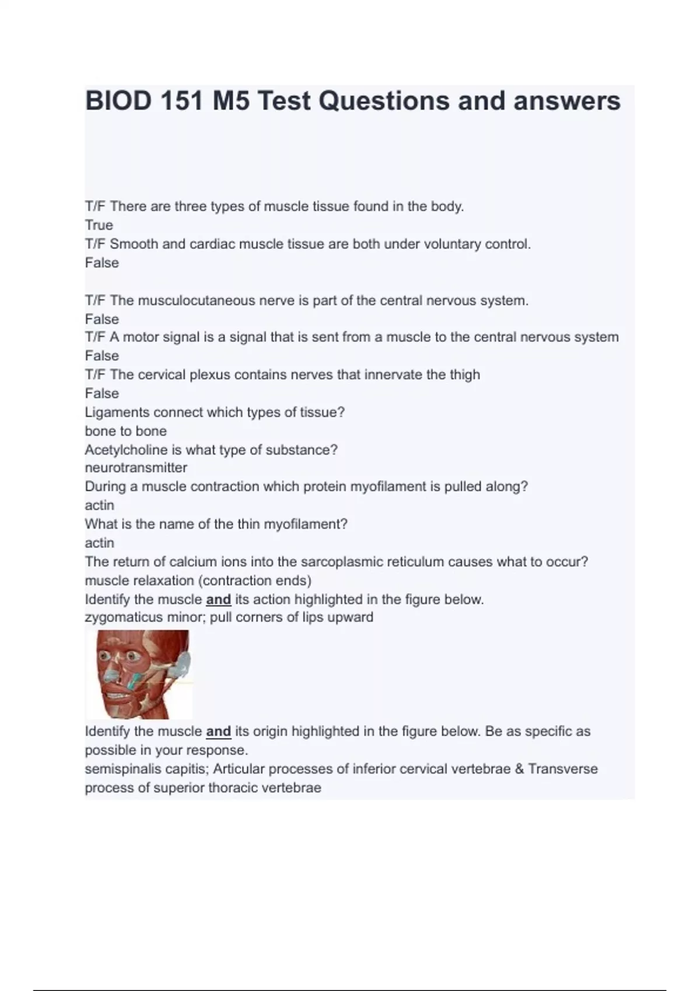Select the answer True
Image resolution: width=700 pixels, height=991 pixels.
coord(99,225)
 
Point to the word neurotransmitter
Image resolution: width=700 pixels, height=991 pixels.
coord(136,468)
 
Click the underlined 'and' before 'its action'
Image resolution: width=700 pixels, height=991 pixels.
coord(218,599)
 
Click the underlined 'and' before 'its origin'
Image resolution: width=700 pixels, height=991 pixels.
coord(218,731)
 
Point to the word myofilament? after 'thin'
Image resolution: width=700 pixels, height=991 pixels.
coord(306,524)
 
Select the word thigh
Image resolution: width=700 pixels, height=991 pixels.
coord(464,374)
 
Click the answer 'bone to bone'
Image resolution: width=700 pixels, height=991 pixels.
coord(125,431)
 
